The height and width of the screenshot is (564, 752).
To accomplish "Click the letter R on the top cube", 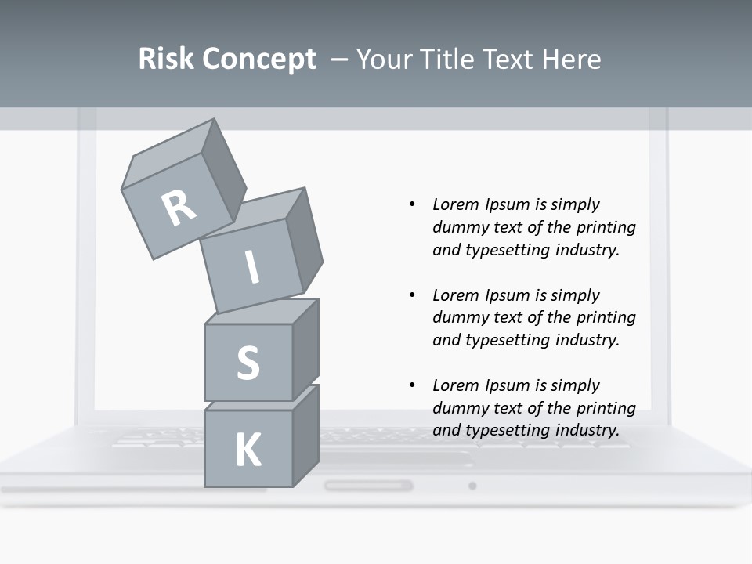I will [x=179, y=208].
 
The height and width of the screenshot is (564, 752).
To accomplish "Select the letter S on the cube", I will [x=248, y=363].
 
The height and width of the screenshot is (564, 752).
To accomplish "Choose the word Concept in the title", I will [x=258, y=59].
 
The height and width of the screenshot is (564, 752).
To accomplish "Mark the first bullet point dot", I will [x=412, y=204].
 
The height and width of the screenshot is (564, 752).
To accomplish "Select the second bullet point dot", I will [x=412, y=295].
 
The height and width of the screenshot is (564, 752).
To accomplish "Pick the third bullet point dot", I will [x=412, y=385].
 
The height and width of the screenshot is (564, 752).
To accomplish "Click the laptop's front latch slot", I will [x=368, y=486].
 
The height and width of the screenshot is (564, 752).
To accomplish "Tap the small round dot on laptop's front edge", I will [x=472, y=486].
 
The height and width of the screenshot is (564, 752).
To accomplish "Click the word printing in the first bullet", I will [x=606, y=227].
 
